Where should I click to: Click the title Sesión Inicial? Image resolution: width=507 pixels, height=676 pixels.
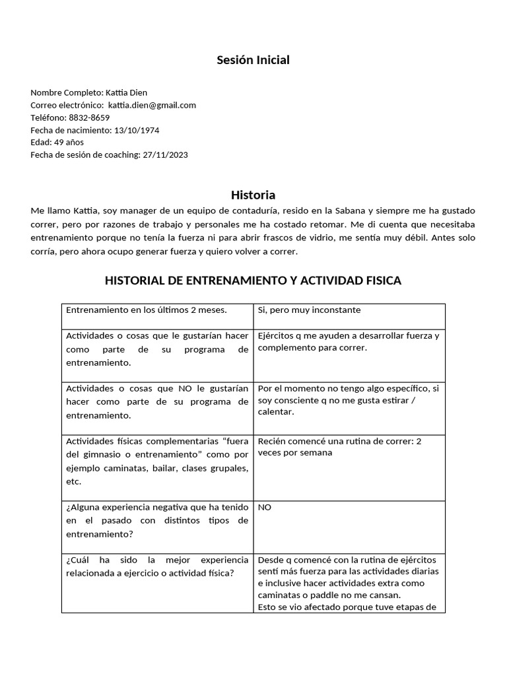pyautogui.click(x=253, y=60)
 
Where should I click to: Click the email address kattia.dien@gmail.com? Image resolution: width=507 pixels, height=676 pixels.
pyautogui.click(x=152, y=105)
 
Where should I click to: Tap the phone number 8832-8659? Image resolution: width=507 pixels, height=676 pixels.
pyautogui.click(x=89, y=118)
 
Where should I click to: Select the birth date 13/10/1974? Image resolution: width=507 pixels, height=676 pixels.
pyautogui.click(x=137, y=130)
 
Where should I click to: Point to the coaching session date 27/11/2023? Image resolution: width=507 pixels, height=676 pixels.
pyautogui.click(x=165, y=155)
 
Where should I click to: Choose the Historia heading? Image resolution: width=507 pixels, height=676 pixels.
pyautogui.click(x=253, y=195)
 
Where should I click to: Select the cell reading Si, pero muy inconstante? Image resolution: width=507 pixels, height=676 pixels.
pyautogui.click(x=310, y=310)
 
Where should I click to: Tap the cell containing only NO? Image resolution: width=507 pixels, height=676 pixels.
pyautogui.click(x=265, y=507)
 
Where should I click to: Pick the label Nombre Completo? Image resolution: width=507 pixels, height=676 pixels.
pyautogui.click(x=66, y=92)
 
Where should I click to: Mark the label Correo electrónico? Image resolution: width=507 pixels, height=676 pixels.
pyautogui.click(x=66, y=105)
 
